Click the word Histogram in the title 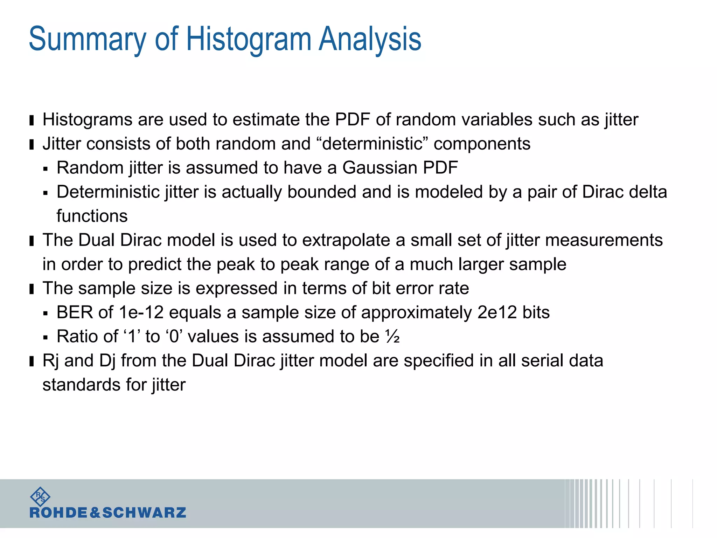(249, 39)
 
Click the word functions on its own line (92, 216)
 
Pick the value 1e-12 (141, 312)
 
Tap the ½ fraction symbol (392, 337)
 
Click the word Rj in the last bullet (50, 361)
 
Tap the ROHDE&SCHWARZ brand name (108, 513)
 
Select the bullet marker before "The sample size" (32, 289)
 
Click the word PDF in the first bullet (352, 120)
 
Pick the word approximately (416, 312)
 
